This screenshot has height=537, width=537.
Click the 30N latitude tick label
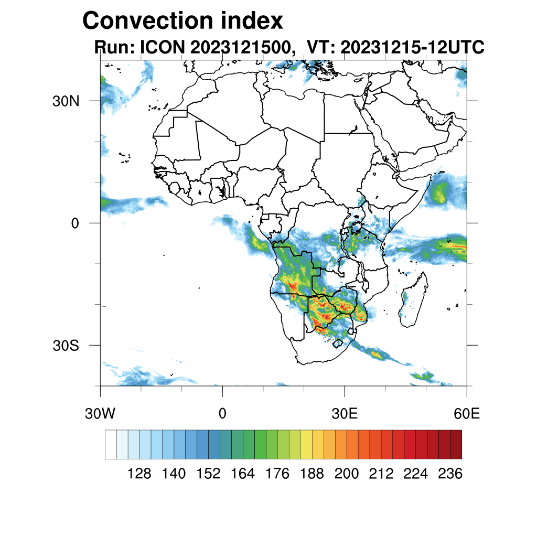[x=66, y=101]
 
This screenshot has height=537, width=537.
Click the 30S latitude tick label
[x=66, y=346]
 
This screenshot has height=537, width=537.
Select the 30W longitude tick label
[x=100, y=414]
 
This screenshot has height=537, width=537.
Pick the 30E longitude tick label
[x=345, y=414]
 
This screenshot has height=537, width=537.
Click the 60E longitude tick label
[x=467, y=414]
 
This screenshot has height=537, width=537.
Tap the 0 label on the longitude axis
[x=222, y=414]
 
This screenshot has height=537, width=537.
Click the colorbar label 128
[x=139, y=474]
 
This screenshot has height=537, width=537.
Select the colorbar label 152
[x=208, y=474]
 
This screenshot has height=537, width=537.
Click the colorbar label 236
[x=450, y=474]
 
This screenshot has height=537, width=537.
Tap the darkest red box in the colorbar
[x=456, y=444]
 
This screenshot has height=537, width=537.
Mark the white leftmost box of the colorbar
[x=111, y=444]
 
